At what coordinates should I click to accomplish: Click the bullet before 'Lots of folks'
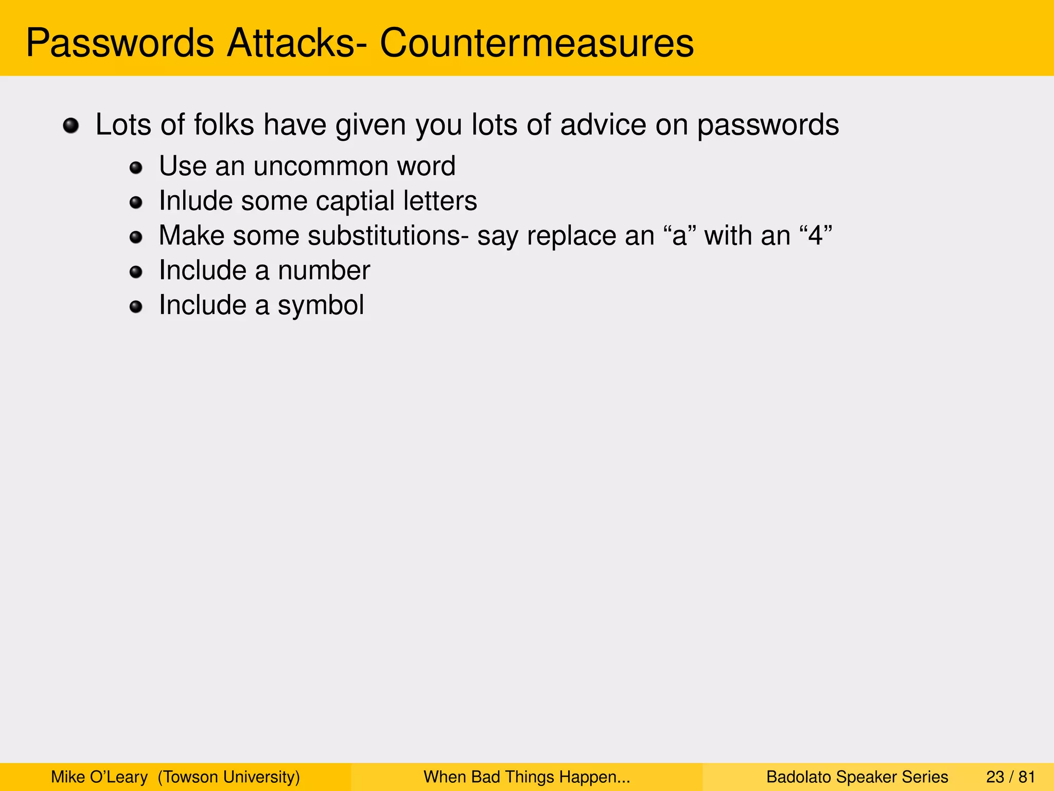pos(71,126)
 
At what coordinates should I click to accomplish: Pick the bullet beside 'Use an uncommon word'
pos(136,167)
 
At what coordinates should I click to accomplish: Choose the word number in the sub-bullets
pos(324,270)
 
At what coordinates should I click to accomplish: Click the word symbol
pos(321,305)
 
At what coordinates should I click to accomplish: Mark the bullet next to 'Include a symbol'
pos(136,307)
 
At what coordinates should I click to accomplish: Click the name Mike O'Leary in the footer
pos(99,777)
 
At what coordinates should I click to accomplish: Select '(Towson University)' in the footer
pos(229,777)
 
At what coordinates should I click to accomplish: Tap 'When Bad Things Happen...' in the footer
pos(526,777)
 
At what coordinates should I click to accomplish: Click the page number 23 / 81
pos(1010,777)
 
